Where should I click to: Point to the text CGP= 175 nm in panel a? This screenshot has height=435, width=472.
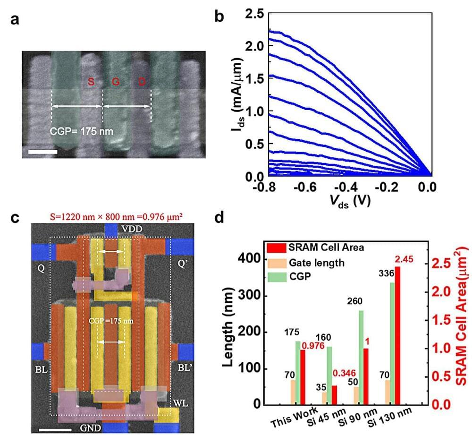tap(82, 131)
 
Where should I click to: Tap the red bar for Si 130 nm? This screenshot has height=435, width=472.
tap(398, 335)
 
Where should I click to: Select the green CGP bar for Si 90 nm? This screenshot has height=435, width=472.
tap(361, 357)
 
